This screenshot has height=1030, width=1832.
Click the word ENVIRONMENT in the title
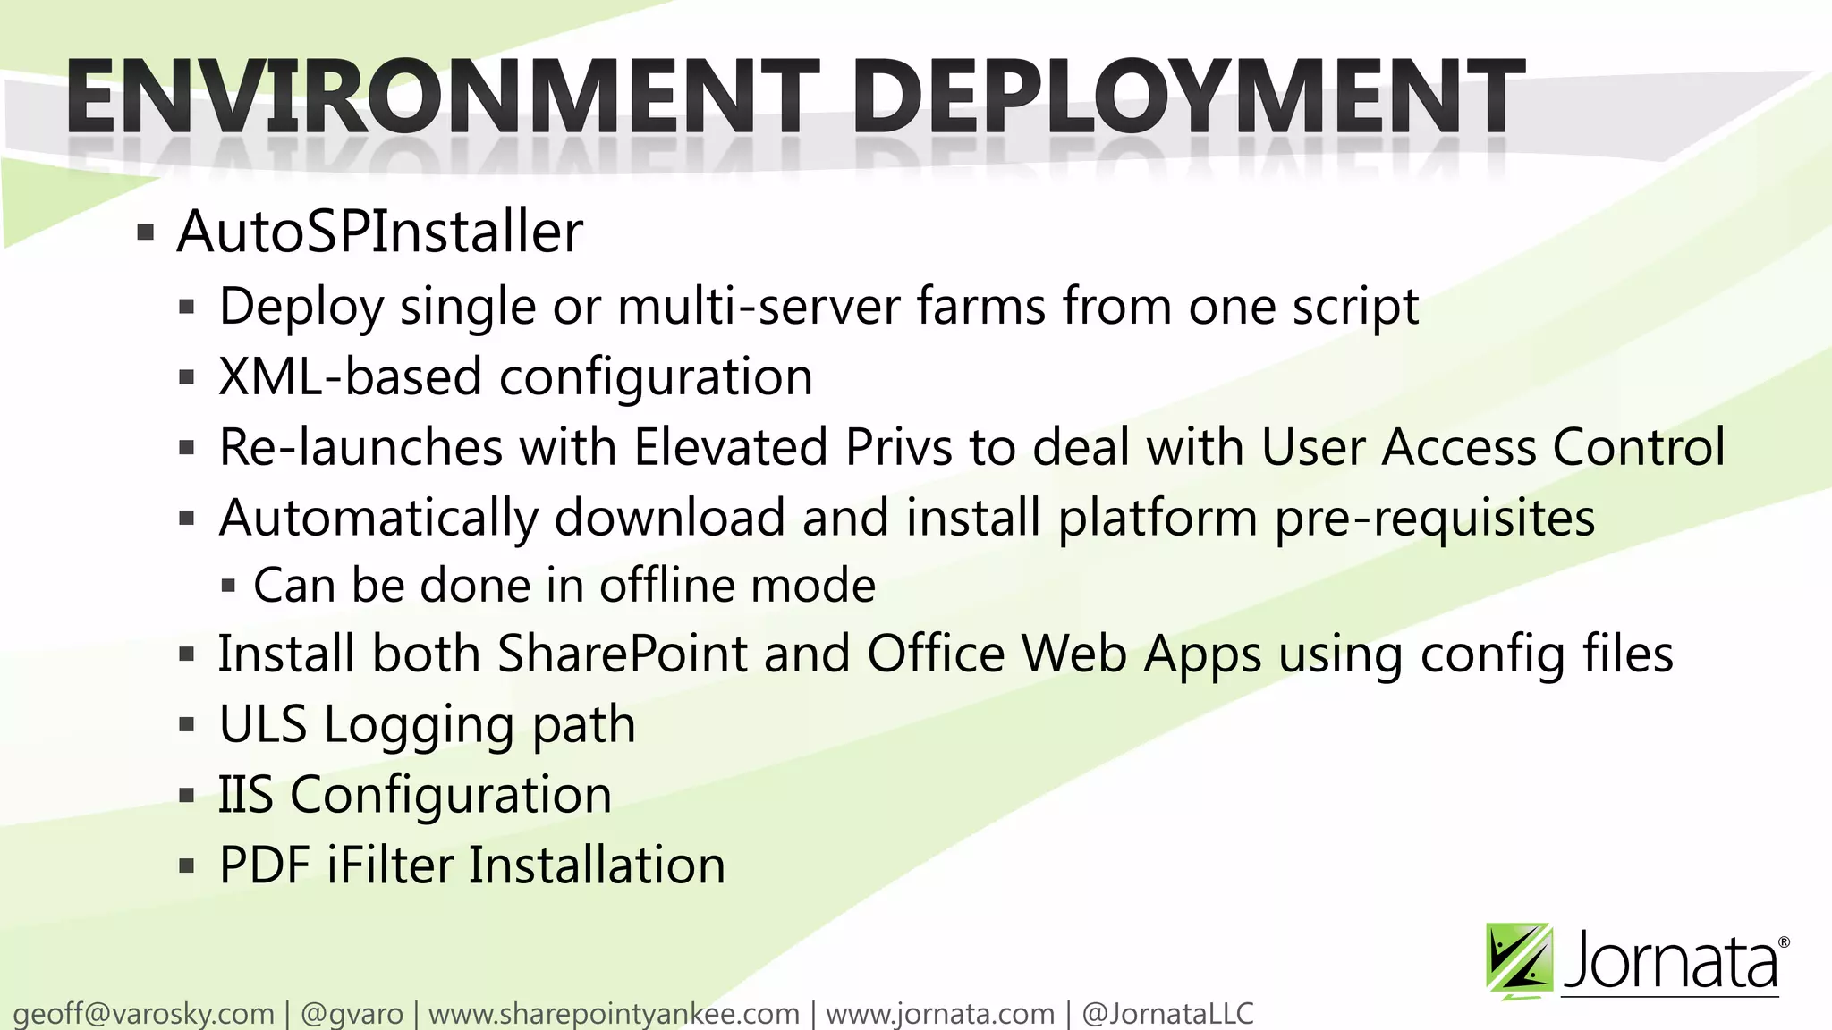point(442,96)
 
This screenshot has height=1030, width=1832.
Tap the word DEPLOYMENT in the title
point(1190,96)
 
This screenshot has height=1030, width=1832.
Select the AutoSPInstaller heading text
point(380,232)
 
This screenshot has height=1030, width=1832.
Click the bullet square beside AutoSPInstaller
point(146,234)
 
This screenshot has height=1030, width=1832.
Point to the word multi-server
point(759,307)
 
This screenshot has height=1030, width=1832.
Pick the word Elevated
point(731,447)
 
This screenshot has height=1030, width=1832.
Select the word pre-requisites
point(1435,519)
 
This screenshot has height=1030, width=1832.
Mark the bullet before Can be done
point(228,587)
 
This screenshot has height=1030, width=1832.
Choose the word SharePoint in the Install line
point(623,654)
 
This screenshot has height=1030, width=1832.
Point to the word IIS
point(246,795)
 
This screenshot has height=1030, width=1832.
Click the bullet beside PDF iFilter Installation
point(186,866)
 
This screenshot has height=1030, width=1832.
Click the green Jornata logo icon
point(1519,961)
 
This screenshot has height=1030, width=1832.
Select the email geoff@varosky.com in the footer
point(144,1014)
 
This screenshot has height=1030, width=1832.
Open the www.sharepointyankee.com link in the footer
point(614,1014)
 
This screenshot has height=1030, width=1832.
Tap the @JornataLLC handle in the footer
point(1167,1014)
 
